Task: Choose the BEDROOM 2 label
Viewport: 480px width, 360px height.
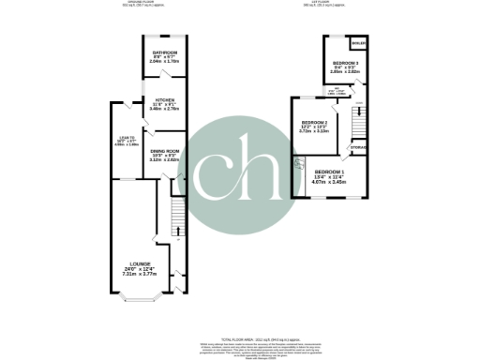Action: pyautogui.click(x=314, y=124)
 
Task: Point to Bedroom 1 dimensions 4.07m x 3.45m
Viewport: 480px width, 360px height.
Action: pyautogui.click(x=329, y=184)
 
